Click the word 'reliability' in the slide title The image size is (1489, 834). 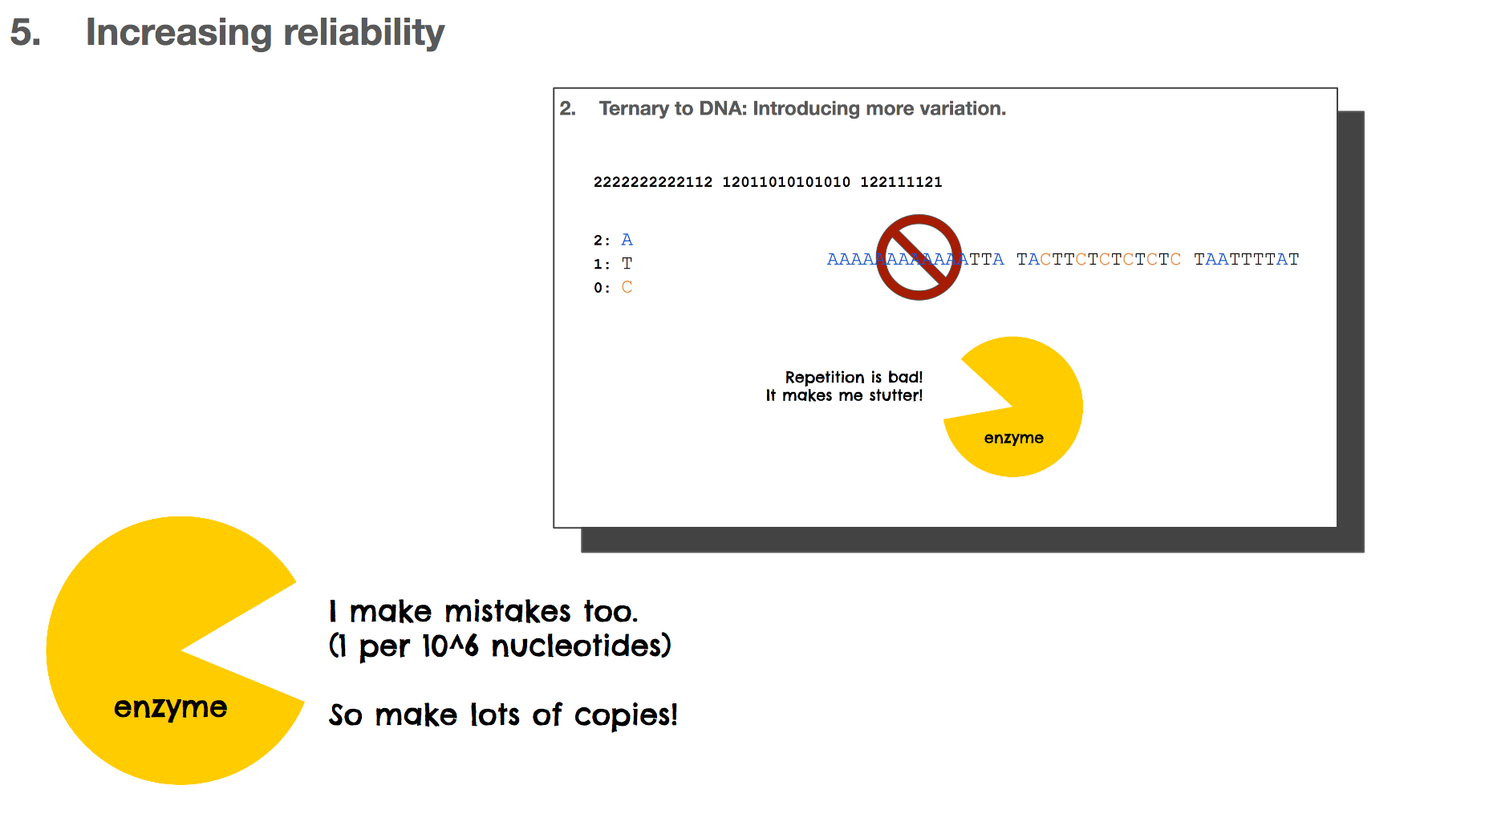coord(363,33)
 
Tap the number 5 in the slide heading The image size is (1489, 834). coord(25,33)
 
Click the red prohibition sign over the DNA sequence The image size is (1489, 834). coord(919,257)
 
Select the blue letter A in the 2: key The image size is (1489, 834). coord(627,240)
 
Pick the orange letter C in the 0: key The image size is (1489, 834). coord(627,287)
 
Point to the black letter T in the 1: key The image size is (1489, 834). coord(627,263)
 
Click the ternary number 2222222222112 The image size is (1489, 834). coord(653,182)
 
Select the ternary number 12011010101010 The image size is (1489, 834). coord(786,182)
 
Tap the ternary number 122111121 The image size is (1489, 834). coord(901,182)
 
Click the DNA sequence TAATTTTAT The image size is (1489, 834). coord(1246,259)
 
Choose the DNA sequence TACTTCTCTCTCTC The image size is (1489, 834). coord(1098,259)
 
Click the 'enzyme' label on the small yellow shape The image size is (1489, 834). coord(1013,438)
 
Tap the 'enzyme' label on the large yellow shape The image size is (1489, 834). coord(170,707)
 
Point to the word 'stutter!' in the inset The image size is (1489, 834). coord(895,395)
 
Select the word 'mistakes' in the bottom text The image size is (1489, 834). coord(507,612)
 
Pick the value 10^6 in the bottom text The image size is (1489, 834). coord(450,646)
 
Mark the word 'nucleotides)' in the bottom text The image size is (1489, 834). coord(581,646)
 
